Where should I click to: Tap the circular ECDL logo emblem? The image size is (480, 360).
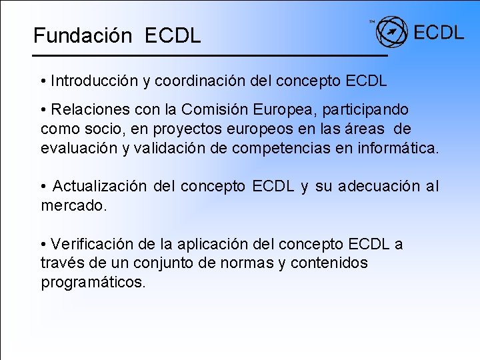392,31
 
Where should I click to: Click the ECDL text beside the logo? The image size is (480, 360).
439,32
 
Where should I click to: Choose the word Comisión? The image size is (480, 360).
210,109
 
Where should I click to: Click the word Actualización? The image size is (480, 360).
99,185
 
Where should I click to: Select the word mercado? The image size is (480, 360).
73,205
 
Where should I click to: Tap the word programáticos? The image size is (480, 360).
93,282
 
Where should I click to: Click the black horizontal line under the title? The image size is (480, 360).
211,55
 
